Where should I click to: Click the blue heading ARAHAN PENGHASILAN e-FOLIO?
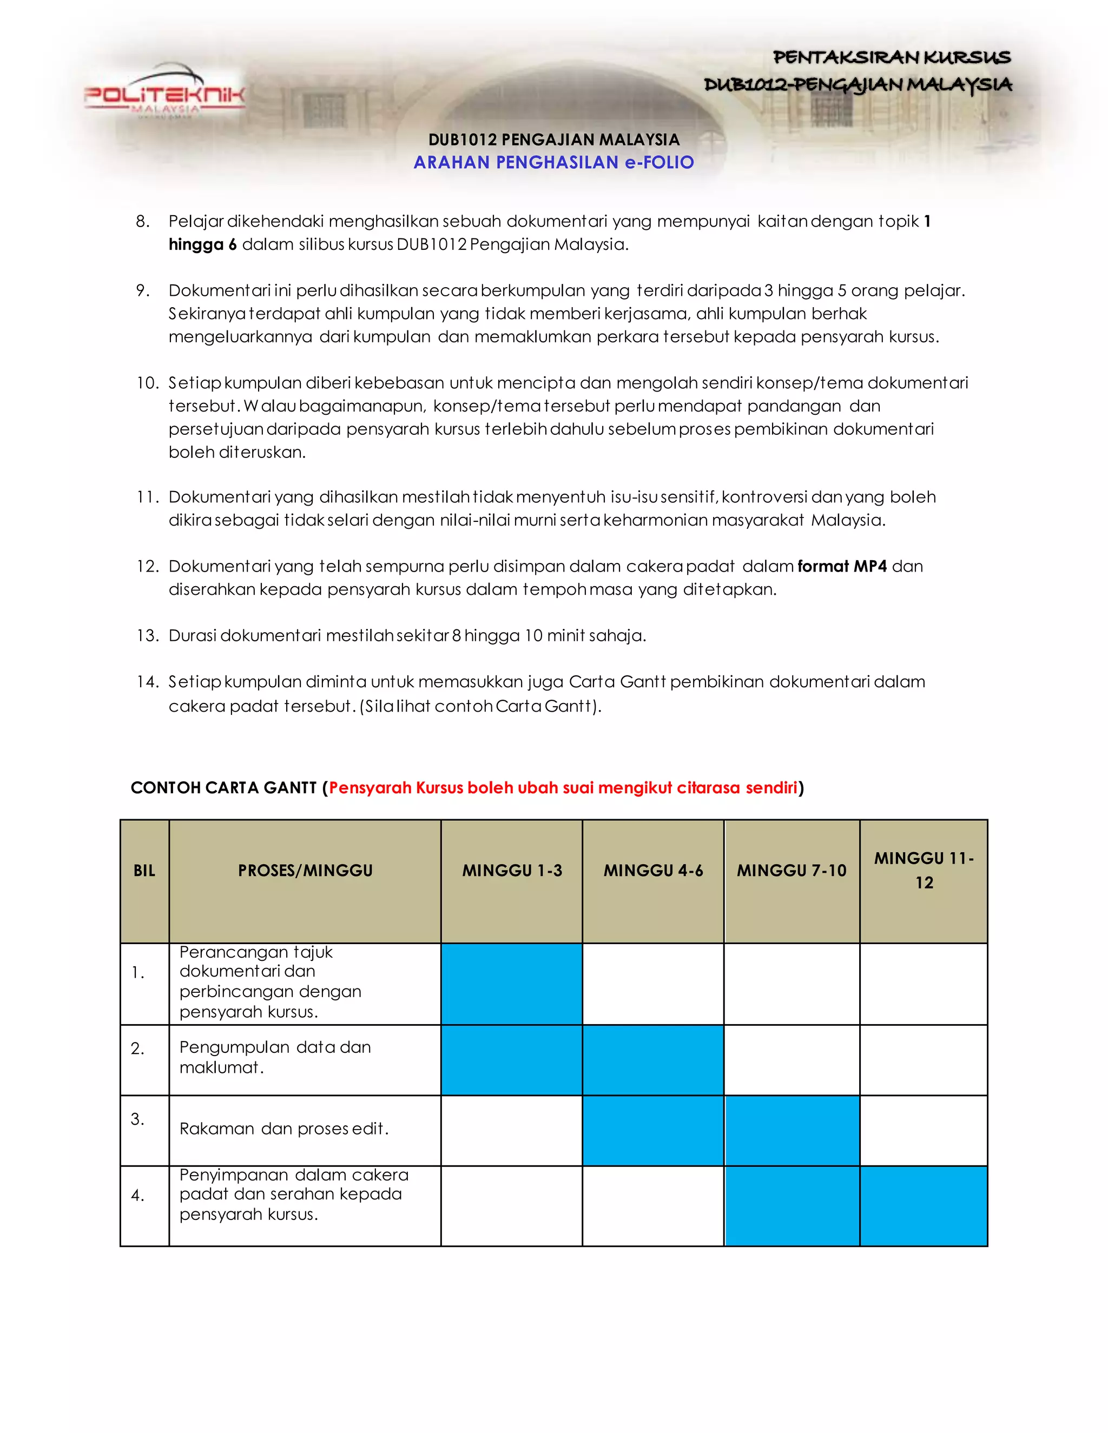553,163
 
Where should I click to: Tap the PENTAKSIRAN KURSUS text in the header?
892,58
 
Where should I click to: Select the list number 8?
142,222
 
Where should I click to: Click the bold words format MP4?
841,566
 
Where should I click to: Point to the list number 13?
147,636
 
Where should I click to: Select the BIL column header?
144,871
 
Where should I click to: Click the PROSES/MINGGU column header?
305,871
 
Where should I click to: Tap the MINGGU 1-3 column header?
512,871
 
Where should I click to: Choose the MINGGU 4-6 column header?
653,871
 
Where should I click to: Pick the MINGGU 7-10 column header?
792,871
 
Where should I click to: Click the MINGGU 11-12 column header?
924,870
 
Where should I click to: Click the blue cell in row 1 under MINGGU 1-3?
512,984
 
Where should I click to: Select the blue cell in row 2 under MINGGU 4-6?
653,1060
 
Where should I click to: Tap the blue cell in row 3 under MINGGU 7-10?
792,1130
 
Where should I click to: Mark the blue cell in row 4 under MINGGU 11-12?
924,1205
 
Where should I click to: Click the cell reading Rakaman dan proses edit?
284,1129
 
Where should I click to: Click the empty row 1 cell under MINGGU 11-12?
924,984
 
